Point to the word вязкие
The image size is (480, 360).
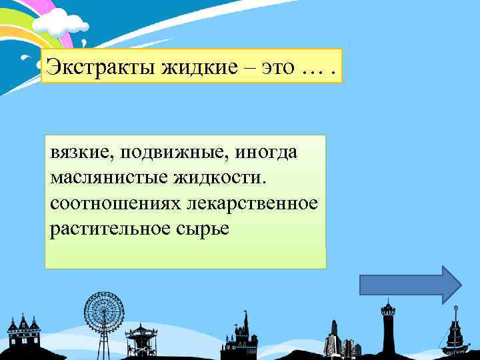coord(75,153)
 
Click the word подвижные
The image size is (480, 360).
coord(157,153)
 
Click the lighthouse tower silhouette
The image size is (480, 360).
coord(387,327)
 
